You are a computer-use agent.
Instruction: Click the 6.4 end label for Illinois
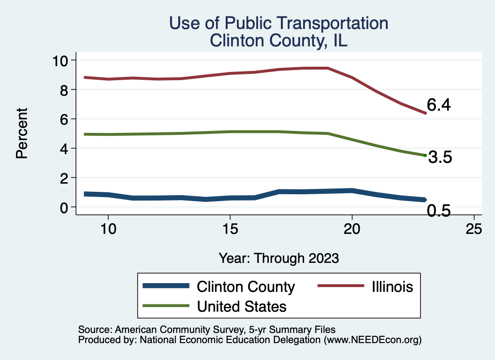click(x=438, y=105)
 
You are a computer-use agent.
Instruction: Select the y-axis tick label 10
click(x=61, y=60)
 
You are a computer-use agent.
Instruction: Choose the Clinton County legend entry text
click(x=246, y=287)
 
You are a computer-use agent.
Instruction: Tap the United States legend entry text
click(x=242, y=306)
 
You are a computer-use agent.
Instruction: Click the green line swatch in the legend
click(x=165, y=306)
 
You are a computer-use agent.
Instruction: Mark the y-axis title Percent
click(x=21, y=133)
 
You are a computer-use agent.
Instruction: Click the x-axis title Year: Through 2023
click(x=278, y=258)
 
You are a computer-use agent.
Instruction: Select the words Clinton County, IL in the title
click(x=278, y=40)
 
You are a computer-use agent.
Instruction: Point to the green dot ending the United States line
click(x=425, y=155)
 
